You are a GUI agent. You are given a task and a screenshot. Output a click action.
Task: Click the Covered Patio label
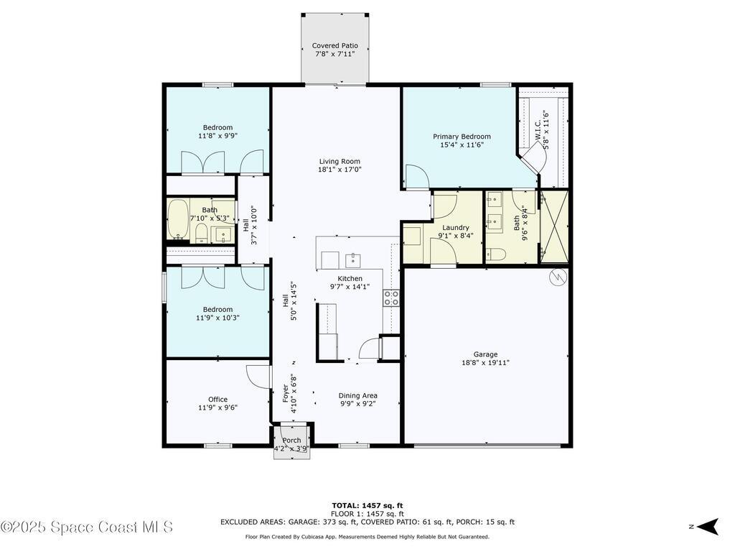click(x=334, y=46)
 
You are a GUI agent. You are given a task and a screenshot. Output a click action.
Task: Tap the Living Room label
click(x=340, y=162)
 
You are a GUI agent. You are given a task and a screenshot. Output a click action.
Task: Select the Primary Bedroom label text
click(x=462, y=137)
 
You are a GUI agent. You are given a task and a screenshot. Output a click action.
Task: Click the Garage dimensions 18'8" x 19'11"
click(x=485, y=363)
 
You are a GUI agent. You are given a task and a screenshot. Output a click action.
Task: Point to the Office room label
click(x=217, y=400)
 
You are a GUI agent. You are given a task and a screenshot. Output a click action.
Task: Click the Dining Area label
click(x=357, y=396)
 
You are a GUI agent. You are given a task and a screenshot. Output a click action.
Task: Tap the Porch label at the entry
click(x=291, y=441)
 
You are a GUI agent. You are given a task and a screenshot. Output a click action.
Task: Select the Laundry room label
click(x=456, y=228)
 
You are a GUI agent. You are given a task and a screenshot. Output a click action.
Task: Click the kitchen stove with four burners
click(x=391, y=298)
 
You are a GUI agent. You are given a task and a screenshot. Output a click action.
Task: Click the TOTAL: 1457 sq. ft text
click(x=367, y=505)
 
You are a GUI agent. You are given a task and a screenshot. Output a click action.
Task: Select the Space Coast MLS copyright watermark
click(x=87, y=527)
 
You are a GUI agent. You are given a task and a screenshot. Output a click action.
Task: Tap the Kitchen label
click(x=350, y=279)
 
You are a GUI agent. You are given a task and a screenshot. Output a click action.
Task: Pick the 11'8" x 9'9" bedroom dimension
click(x=217, y=136)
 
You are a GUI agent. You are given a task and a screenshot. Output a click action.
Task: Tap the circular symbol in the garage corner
click(x=557, y=277)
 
